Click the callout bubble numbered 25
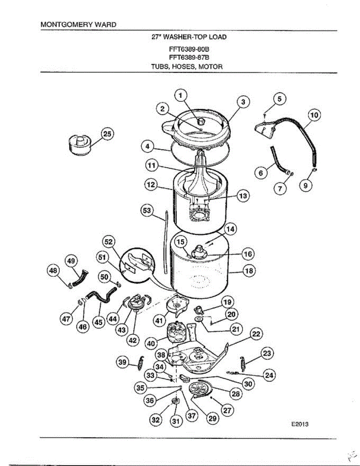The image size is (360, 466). [107, 134]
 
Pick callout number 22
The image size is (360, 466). [256, 334]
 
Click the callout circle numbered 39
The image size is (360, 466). [123, 362]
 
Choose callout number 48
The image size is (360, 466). [54, 270]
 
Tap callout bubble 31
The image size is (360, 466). [175, 421]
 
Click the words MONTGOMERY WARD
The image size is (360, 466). [78, 24]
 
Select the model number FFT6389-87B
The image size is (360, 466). [186, 58]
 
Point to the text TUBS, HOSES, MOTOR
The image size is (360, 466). [186, 66]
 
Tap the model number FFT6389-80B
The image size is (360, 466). [186, 49]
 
